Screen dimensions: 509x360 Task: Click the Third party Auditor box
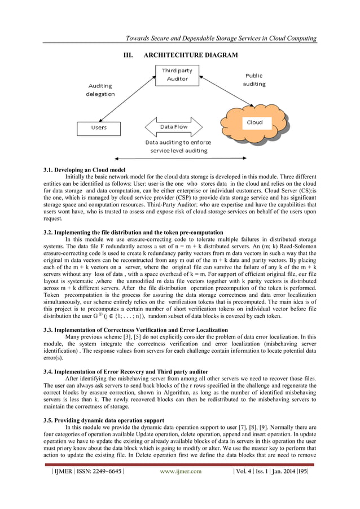coord(177,75)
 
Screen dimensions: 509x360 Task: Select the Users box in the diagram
coord(99,128)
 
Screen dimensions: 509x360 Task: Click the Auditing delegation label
coord(100,90)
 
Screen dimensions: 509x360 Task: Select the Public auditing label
coord(254,80)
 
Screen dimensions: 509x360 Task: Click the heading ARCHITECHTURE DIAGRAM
coord(180,55)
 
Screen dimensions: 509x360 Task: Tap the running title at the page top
coord(221,38)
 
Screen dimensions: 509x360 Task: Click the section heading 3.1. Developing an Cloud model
coord(84,170)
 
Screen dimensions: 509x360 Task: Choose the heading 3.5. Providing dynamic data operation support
coord(104,420)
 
